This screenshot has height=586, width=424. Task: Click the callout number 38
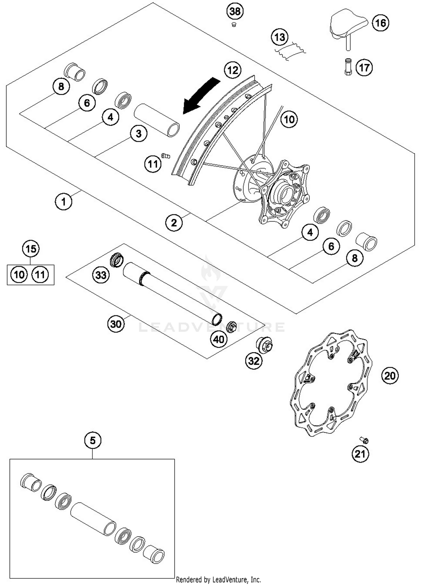(235, 11)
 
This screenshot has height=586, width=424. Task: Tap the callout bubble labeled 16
(380, 23)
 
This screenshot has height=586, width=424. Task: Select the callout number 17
(364, 68)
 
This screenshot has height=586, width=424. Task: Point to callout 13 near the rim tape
(280, 37)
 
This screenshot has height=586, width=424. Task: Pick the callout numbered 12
(233, 70)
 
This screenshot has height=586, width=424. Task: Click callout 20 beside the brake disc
(390, 376)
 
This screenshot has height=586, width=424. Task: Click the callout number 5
(93, 440)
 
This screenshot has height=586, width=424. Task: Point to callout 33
(101, 275)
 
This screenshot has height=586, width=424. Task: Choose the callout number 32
(254, 361)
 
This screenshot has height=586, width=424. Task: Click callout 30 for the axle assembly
(116, 324)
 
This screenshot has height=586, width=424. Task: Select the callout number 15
(31, 249)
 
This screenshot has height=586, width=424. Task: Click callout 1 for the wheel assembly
(63, 202)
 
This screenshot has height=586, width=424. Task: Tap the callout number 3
(139, 134)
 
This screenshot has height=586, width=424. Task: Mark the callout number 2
(174, 223)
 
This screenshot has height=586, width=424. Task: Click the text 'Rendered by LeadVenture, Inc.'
(218, 580)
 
